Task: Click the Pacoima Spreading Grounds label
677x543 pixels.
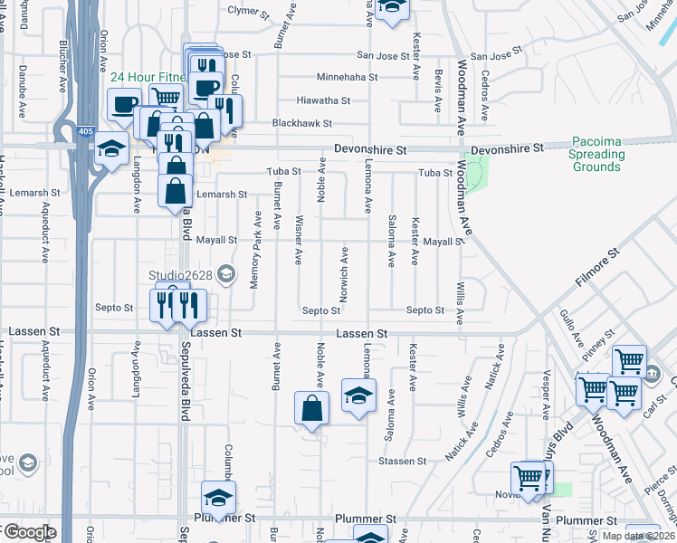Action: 596,155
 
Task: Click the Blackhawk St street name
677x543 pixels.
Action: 303,123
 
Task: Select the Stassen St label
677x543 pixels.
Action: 402,461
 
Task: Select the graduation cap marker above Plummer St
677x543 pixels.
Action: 218,498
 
